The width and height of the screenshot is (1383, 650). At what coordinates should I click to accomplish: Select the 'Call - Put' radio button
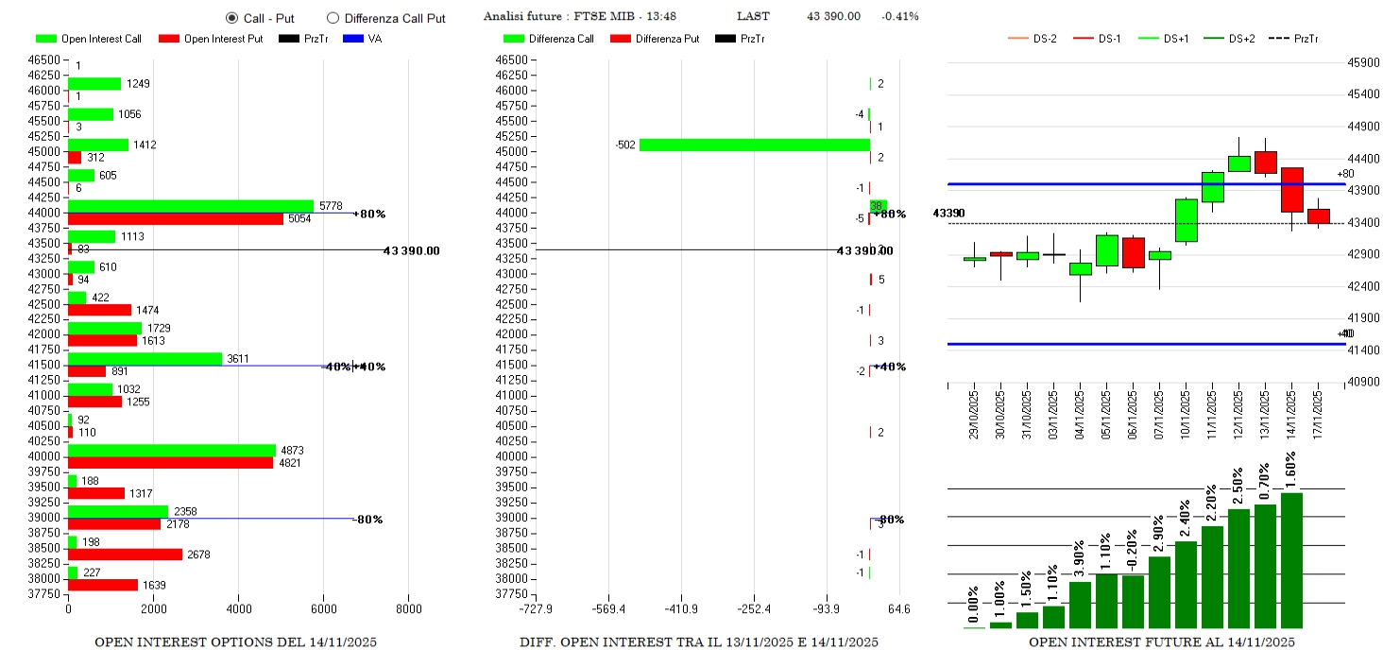(x=231, y=17)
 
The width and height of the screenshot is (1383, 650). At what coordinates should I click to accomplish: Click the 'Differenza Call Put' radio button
(x=333, y=17)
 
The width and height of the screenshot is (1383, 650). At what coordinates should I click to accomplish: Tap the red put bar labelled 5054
(x=176, y=218)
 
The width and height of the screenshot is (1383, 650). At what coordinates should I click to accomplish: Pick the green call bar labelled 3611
(x=145, y=359)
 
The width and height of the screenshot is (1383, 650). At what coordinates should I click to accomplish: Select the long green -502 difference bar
(x=754, y=145)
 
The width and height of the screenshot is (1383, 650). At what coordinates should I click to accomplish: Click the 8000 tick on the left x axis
(x=408, y=609)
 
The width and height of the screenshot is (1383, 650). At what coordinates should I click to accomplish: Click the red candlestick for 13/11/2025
(x=1265, y=162)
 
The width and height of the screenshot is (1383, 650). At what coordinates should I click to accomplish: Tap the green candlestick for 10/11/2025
(x=1186, y=220)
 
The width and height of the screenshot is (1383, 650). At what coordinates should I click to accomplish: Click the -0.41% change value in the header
(x=899, y=16)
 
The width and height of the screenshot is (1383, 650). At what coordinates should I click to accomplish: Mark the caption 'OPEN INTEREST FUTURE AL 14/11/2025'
(x=1161, y=642)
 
